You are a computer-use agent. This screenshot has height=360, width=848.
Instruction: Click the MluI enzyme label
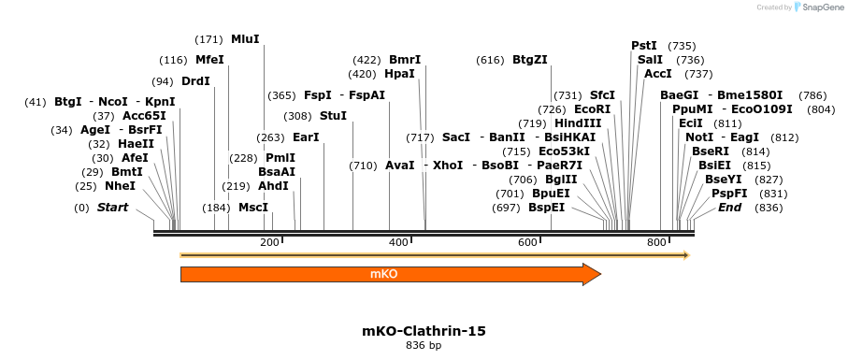coord(245,39)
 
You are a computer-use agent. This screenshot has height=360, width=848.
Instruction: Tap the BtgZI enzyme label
coord(530,60)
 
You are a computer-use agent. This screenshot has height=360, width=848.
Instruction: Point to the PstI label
coord(644,46)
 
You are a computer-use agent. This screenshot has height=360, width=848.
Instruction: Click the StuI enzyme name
coord(333,116)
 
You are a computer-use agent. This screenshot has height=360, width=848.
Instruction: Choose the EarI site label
coord(306,137)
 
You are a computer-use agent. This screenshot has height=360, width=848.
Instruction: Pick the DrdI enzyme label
coord(195,81)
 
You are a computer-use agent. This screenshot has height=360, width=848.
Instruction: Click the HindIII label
coord(578,123)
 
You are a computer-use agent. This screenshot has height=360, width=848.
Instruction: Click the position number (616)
coord(490,60)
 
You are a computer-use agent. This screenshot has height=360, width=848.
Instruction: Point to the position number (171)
coord(208,39)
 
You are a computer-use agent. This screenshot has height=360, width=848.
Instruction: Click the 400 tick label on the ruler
coord(398,243)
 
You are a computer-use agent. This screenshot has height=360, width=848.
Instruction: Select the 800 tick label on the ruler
coord(656,243)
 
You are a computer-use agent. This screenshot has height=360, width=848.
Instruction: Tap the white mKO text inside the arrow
coord(384,274)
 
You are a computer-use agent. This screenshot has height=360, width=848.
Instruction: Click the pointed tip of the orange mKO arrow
coord(599,274)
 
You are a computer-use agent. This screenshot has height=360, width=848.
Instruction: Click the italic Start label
coord(113,208)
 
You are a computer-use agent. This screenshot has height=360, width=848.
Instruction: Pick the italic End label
coord(730,208)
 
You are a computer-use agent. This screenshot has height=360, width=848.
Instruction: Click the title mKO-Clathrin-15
coord(424,331)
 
